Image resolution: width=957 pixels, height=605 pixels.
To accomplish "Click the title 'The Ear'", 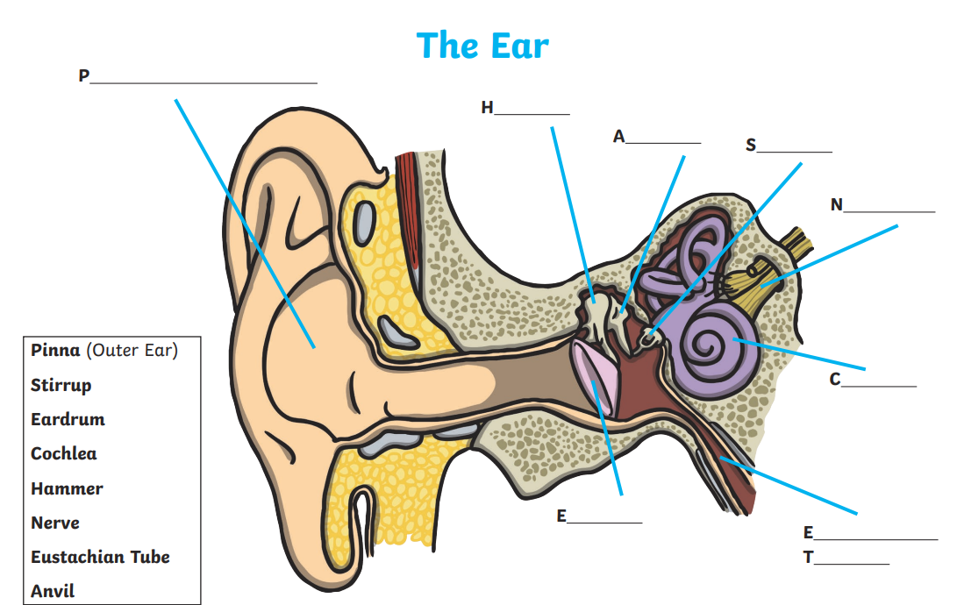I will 482,45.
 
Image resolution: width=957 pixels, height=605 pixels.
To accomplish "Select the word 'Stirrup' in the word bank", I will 61,385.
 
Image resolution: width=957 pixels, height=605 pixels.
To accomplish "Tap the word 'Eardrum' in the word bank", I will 68,419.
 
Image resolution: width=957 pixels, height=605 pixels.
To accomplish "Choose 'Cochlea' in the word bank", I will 64,453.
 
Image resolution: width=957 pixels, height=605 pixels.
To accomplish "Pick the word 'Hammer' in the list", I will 67,488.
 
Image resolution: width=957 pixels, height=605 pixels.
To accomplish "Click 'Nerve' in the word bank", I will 55,523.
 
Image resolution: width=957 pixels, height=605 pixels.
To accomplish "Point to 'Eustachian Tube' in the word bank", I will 100,557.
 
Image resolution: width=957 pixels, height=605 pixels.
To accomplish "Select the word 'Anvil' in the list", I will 53,591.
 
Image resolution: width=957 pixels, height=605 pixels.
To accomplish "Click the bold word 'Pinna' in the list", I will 56,351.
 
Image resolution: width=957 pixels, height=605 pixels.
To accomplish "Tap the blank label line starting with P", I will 202,79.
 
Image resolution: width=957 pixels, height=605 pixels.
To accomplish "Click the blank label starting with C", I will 878,382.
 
